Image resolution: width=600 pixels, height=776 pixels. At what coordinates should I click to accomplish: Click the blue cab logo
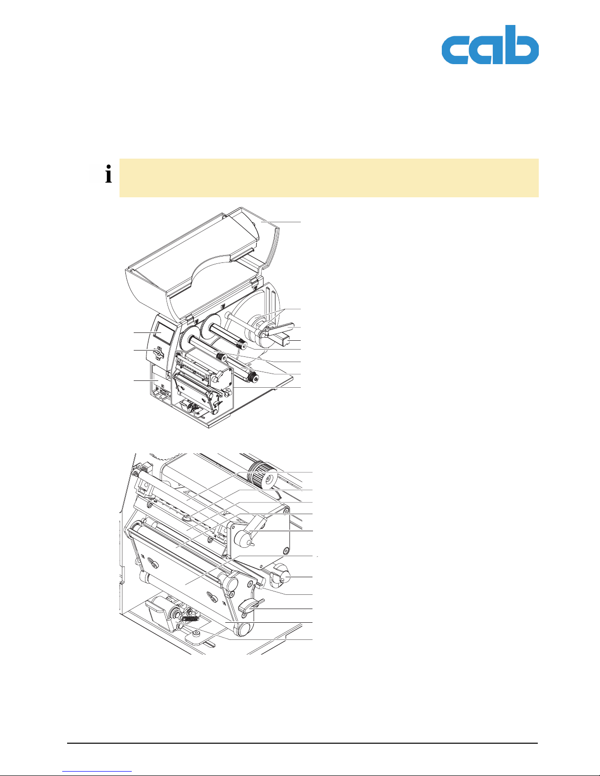(490, 45)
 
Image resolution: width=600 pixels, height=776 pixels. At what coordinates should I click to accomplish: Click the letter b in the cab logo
(522, 45)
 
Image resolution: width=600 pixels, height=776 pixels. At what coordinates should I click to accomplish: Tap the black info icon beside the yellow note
(109, 174)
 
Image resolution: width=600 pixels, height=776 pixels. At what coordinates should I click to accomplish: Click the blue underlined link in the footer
(97, 771)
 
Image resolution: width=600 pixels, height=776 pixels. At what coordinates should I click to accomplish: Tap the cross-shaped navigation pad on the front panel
(157, 353)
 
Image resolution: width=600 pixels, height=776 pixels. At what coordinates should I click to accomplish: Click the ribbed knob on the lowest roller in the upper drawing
(254, 377)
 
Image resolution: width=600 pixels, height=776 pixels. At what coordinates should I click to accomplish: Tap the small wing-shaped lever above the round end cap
(251, 606)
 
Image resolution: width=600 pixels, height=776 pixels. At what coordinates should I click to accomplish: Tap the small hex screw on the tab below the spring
(196, 634)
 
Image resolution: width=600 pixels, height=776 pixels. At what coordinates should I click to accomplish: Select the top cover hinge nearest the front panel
(190, 317)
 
